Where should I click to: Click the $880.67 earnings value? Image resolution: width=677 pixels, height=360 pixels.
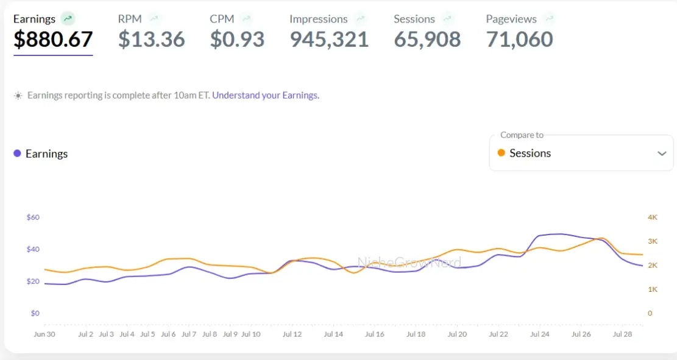(53, 40)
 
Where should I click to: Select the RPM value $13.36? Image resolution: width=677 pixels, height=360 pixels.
(152, 40)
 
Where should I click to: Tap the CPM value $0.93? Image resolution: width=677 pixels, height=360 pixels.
(237, 40)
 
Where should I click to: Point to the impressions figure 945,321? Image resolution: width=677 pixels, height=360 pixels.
(329, 40)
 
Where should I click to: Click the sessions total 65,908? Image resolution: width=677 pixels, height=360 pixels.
(427, 40)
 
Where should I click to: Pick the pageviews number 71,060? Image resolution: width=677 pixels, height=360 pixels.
(519, 40)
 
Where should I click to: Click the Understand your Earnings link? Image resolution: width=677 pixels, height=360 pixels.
(266, 95)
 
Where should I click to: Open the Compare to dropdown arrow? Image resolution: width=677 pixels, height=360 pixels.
(662, 154)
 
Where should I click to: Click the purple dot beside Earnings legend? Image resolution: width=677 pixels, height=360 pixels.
(17, 154)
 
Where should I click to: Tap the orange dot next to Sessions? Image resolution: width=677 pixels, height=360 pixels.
(501, 153)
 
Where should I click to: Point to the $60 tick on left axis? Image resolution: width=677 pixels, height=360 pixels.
(33, 217)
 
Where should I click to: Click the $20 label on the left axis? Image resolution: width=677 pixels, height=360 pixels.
(33, 281)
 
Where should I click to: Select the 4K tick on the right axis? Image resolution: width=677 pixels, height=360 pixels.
(653, 217)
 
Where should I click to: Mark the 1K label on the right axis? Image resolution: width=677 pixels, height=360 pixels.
(653, 289)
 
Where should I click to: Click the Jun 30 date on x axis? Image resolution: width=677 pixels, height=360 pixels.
(44, 334)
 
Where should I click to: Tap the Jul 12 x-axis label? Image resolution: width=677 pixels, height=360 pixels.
(292, 334)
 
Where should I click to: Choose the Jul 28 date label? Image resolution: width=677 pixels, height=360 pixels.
(622, 334)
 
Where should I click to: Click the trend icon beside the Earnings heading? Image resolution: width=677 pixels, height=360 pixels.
(68, 19)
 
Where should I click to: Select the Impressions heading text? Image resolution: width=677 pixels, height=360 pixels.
(318, 19)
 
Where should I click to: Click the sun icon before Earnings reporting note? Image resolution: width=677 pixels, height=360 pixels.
(18, 96)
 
